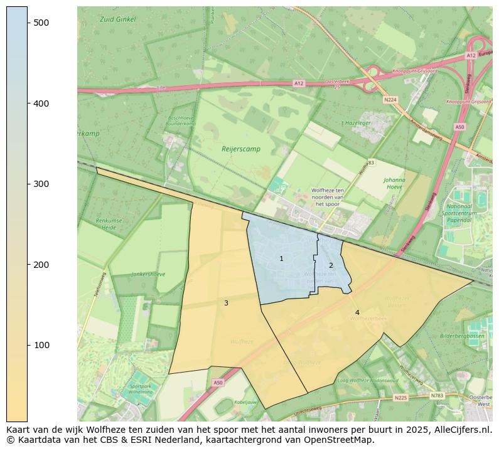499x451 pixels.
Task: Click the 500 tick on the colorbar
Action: click(28, 23)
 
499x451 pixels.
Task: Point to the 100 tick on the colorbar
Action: click(28, 345)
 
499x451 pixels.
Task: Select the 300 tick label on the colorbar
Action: click(41, 184)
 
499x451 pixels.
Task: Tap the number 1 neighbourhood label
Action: click(281, 258)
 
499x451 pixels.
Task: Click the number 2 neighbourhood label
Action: click(331, 265)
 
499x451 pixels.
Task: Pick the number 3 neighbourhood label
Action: click(226, 304)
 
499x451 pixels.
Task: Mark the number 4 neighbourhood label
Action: click(357, 312)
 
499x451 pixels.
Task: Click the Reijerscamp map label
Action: click(240, 149)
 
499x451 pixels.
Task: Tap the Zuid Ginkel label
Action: click(117, 19)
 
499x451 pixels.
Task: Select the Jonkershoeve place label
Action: click(148, 275)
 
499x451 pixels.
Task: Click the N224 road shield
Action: click(391, 100)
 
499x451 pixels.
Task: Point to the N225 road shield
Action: click(400, 398)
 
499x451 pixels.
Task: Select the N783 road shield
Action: click(437, 395)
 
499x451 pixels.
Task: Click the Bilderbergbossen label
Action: click(462, 336)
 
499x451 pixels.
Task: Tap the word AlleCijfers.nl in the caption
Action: click(462, 430)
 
